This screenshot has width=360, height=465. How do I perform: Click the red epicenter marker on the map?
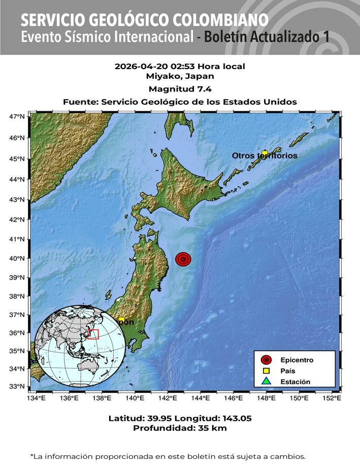tap(183, 259)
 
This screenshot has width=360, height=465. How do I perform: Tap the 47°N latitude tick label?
tap(17, 117)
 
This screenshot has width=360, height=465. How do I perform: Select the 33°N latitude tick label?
tap(17, 387)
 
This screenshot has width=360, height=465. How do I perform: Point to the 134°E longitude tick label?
tap(36, 398)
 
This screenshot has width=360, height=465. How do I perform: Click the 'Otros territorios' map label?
tap(265, 156)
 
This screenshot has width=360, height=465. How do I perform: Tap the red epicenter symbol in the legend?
tap(266, 360)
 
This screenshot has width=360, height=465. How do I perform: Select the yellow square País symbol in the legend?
tap(266, 371)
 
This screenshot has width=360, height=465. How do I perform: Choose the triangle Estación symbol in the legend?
tap(266, 381)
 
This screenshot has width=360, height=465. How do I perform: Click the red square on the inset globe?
tap(93, 334)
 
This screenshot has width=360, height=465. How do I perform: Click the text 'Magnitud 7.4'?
tap(180, 89)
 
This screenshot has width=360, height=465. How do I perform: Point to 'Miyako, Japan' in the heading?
tap(180, 76)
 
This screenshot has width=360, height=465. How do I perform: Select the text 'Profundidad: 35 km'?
tap(180, 428)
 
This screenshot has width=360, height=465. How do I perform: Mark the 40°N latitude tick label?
tap(17, 259)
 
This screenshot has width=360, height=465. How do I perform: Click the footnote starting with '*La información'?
tap(168, 455)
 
